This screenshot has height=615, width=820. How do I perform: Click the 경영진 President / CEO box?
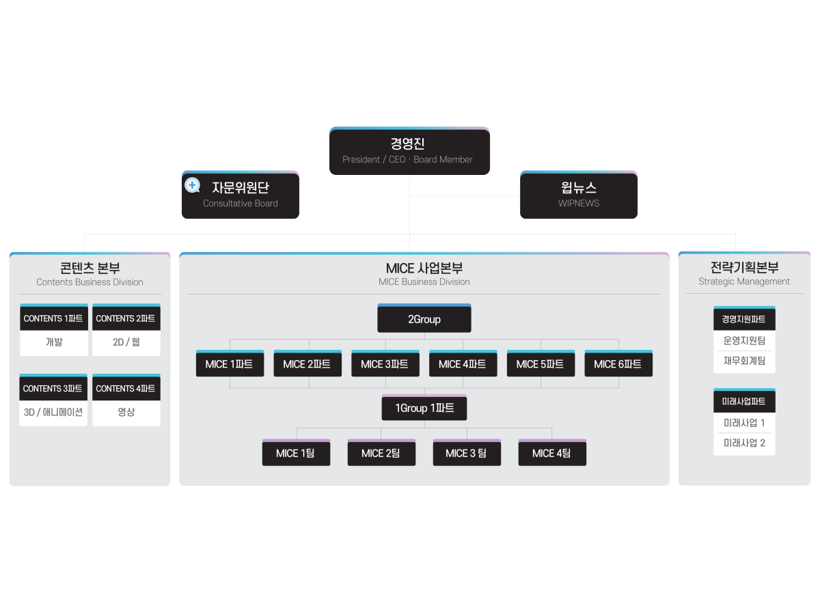[x=409, y=151]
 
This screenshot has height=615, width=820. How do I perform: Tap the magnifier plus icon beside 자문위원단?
[x=193, y=185]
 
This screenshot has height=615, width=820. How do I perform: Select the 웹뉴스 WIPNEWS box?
[x=578, y=195]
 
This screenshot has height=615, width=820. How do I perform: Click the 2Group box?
[x=424, y=319]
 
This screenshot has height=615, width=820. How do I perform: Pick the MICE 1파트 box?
[x=230, y=364]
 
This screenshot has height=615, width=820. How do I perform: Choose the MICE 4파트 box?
[x=463, y=364]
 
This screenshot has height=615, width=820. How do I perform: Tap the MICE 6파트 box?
[x=618, y=364]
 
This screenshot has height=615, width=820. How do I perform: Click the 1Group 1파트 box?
[x=424, y=409]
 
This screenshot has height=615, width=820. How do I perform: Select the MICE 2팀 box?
[x=381, y=453]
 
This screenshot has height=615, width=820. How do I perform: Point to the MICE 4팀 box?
[x=551, y=453]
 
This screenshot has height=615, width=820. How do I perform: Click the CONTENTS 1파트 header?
[x=53, y=318]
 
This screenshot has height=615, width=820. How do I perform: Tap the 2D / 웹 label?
[x=126, y=342]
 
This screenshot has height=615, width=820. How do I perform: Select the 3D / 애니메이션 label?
[x=53, y=412]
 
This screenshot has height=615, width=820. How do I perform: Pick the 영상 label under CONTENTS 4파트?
[x=126, y=412]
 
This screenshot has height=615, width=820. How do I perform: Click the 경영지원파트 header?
[x=744, y=319]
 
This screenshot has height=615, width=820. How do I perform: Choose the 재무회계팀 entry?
[x=744, y=361]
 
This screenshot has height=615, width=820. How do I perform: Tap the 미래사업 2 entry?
[x=744, y=443]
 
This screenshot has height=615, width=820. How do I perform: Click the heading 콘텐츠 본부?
[x=90, y=268]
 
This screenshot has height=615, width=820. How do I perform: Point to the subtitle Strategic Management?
[x=744, y=282]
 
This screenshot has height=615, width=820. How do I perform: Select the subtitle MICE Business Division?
[x=424, y=282]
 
